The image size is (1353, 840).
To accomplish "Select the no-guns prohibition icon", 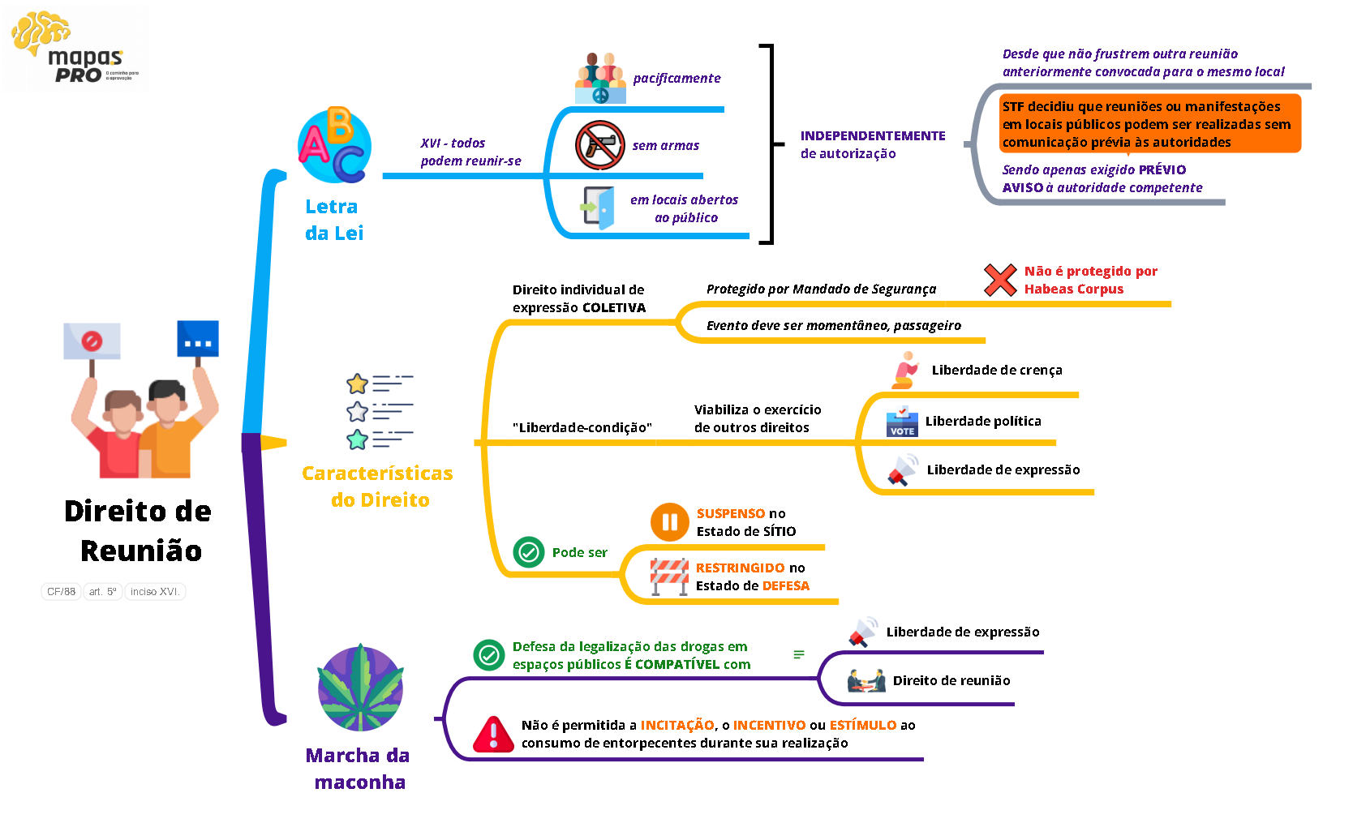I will click(x=599, y=145).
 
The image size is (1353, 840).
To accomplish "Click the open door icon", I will click(x=599, y=208).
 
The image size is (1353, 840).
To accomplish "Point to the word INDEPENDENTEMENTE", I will click(x=873, y=135).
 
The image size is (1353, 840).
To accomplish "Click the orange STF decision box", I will click(x=1149, y=124).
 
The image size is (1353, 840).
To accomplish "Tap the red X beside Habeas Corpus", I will click(x=999, y=280).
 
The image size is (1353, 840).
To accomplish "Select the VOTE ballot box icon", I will click(x=902, y=422).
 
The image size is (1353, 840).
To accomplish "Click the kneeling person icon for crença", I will click(x=905, y=370).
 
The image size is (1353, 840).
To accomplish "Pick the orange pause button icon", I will click(x=669, y=522).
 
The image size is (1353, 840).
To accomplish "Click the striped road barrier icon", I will click(x=669, y=576).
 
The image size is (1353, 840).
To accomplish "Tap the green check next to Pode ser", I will click(x=529, y=552).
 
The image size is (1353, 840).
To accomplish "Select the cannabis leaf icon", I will click(x=360, y=688).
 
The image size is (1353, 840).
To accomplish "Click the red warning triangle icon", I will click(x=492, y=735).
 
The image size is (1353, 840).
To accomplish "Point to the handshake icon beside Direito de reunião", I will click(x=866, y=680).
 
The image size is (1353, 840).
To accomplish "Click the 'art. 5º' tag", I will click(x=102, y=591).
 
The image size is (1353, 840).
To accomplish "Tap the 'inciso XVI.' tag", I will click(x=154, y=591).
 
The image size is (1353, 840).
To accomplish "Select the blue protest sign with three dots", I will click(x=198, y=339).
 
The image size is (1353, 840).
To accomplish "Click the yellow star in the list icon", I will click(x=357, y=384).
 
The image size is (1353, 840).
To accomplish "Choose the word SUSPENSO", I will click(x=730, y=513).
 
